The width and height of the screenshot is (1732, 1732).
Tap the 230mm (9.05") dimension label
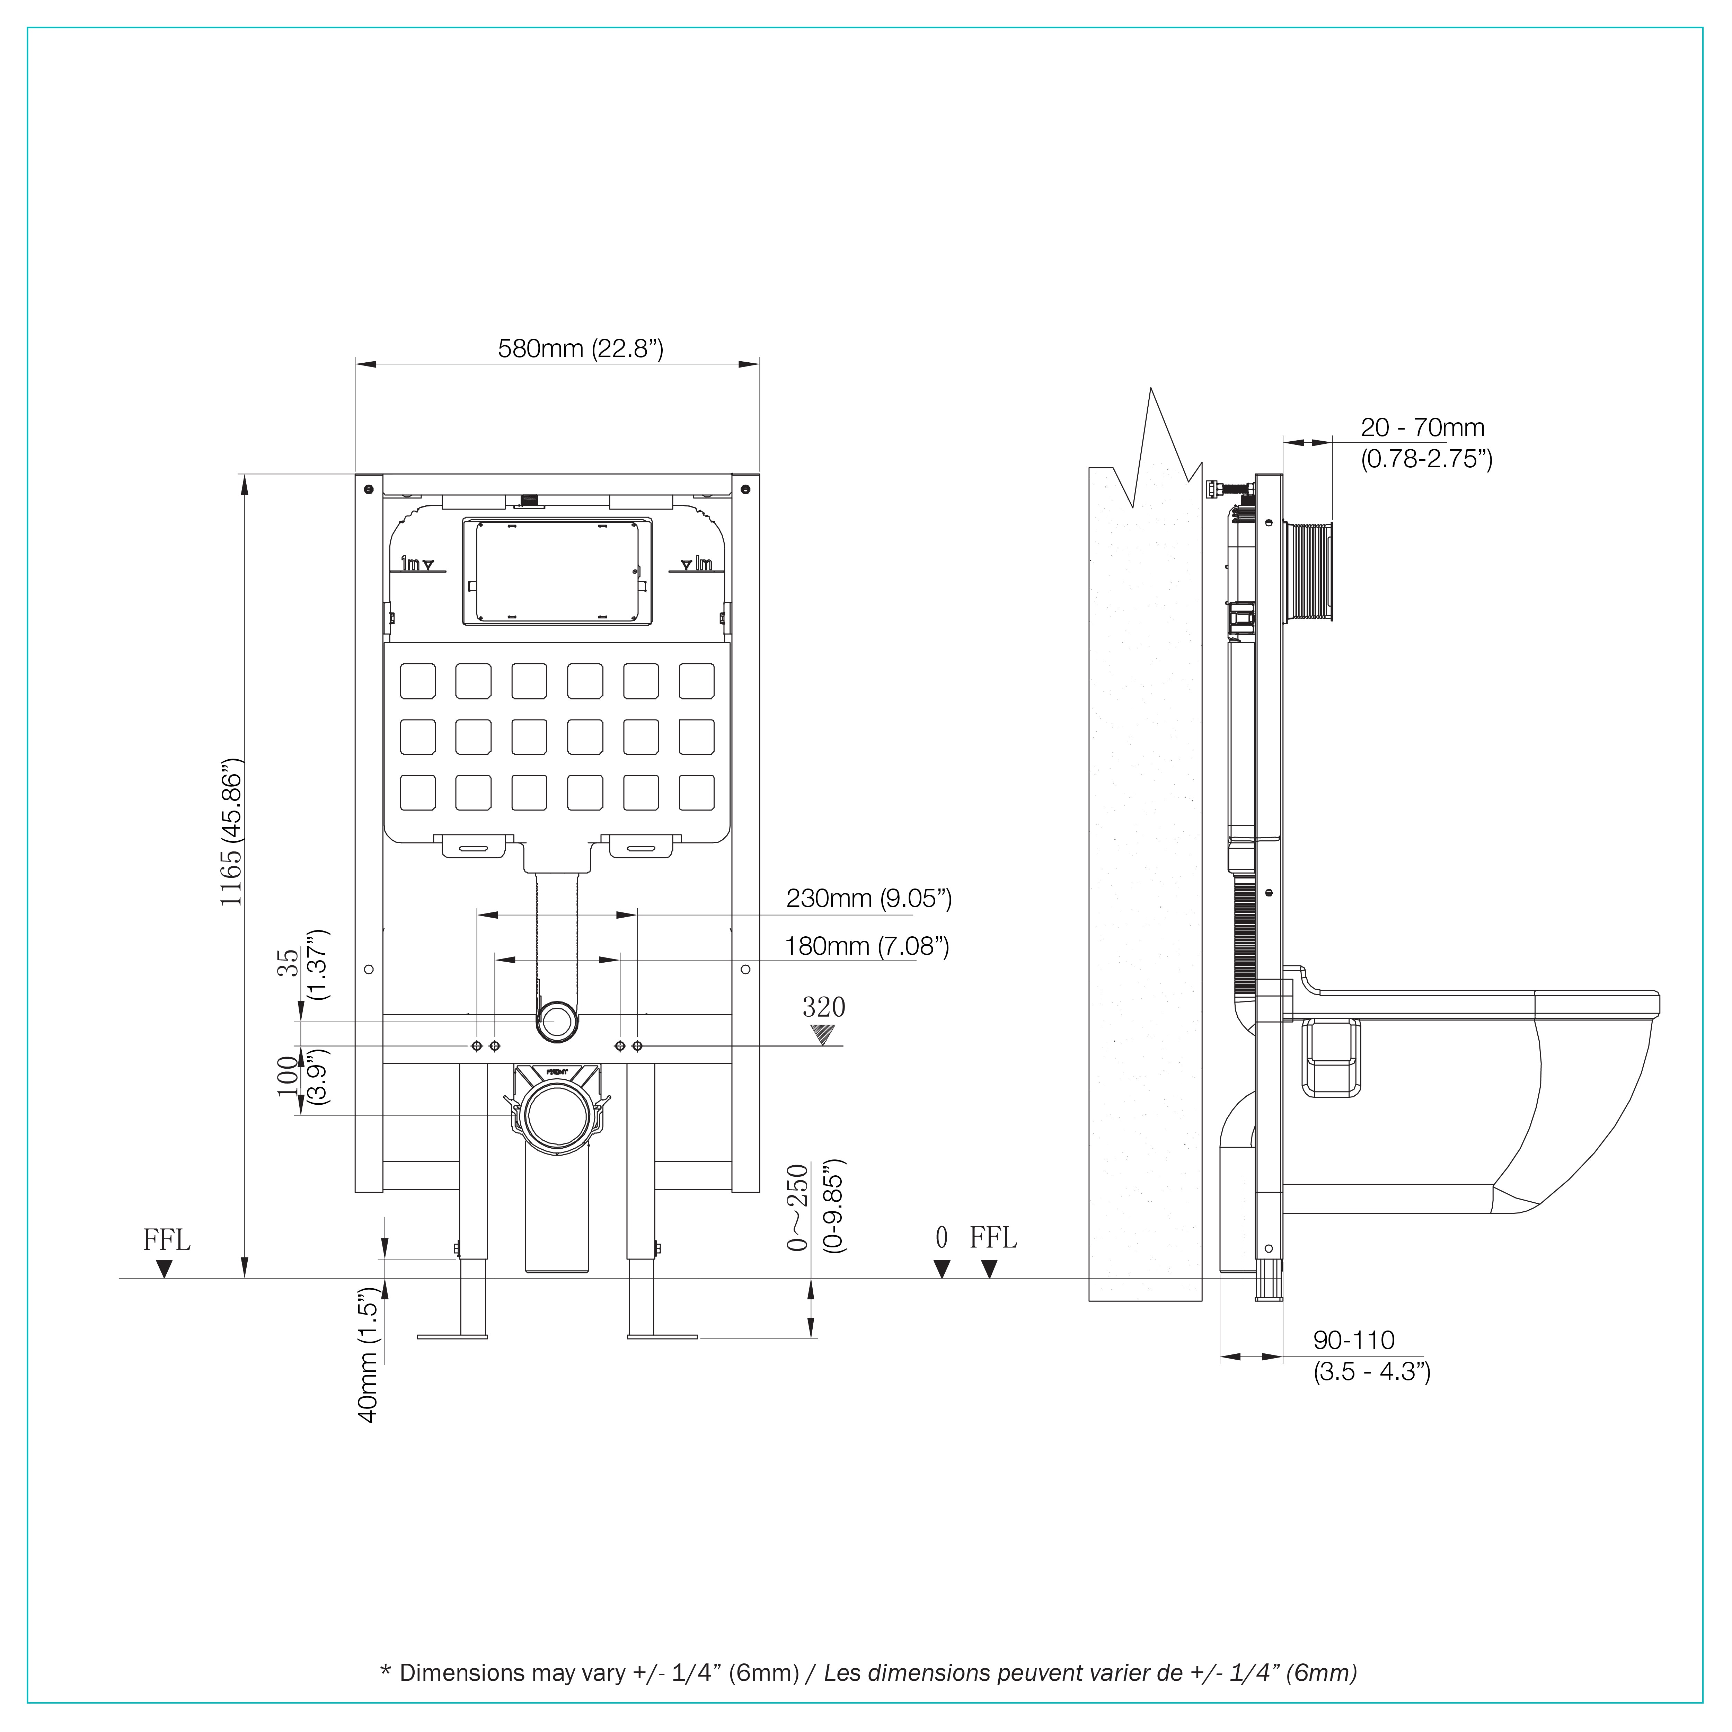(869, 898)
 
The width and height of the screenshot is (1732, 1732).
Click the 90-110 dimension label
(1354, 1340)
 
